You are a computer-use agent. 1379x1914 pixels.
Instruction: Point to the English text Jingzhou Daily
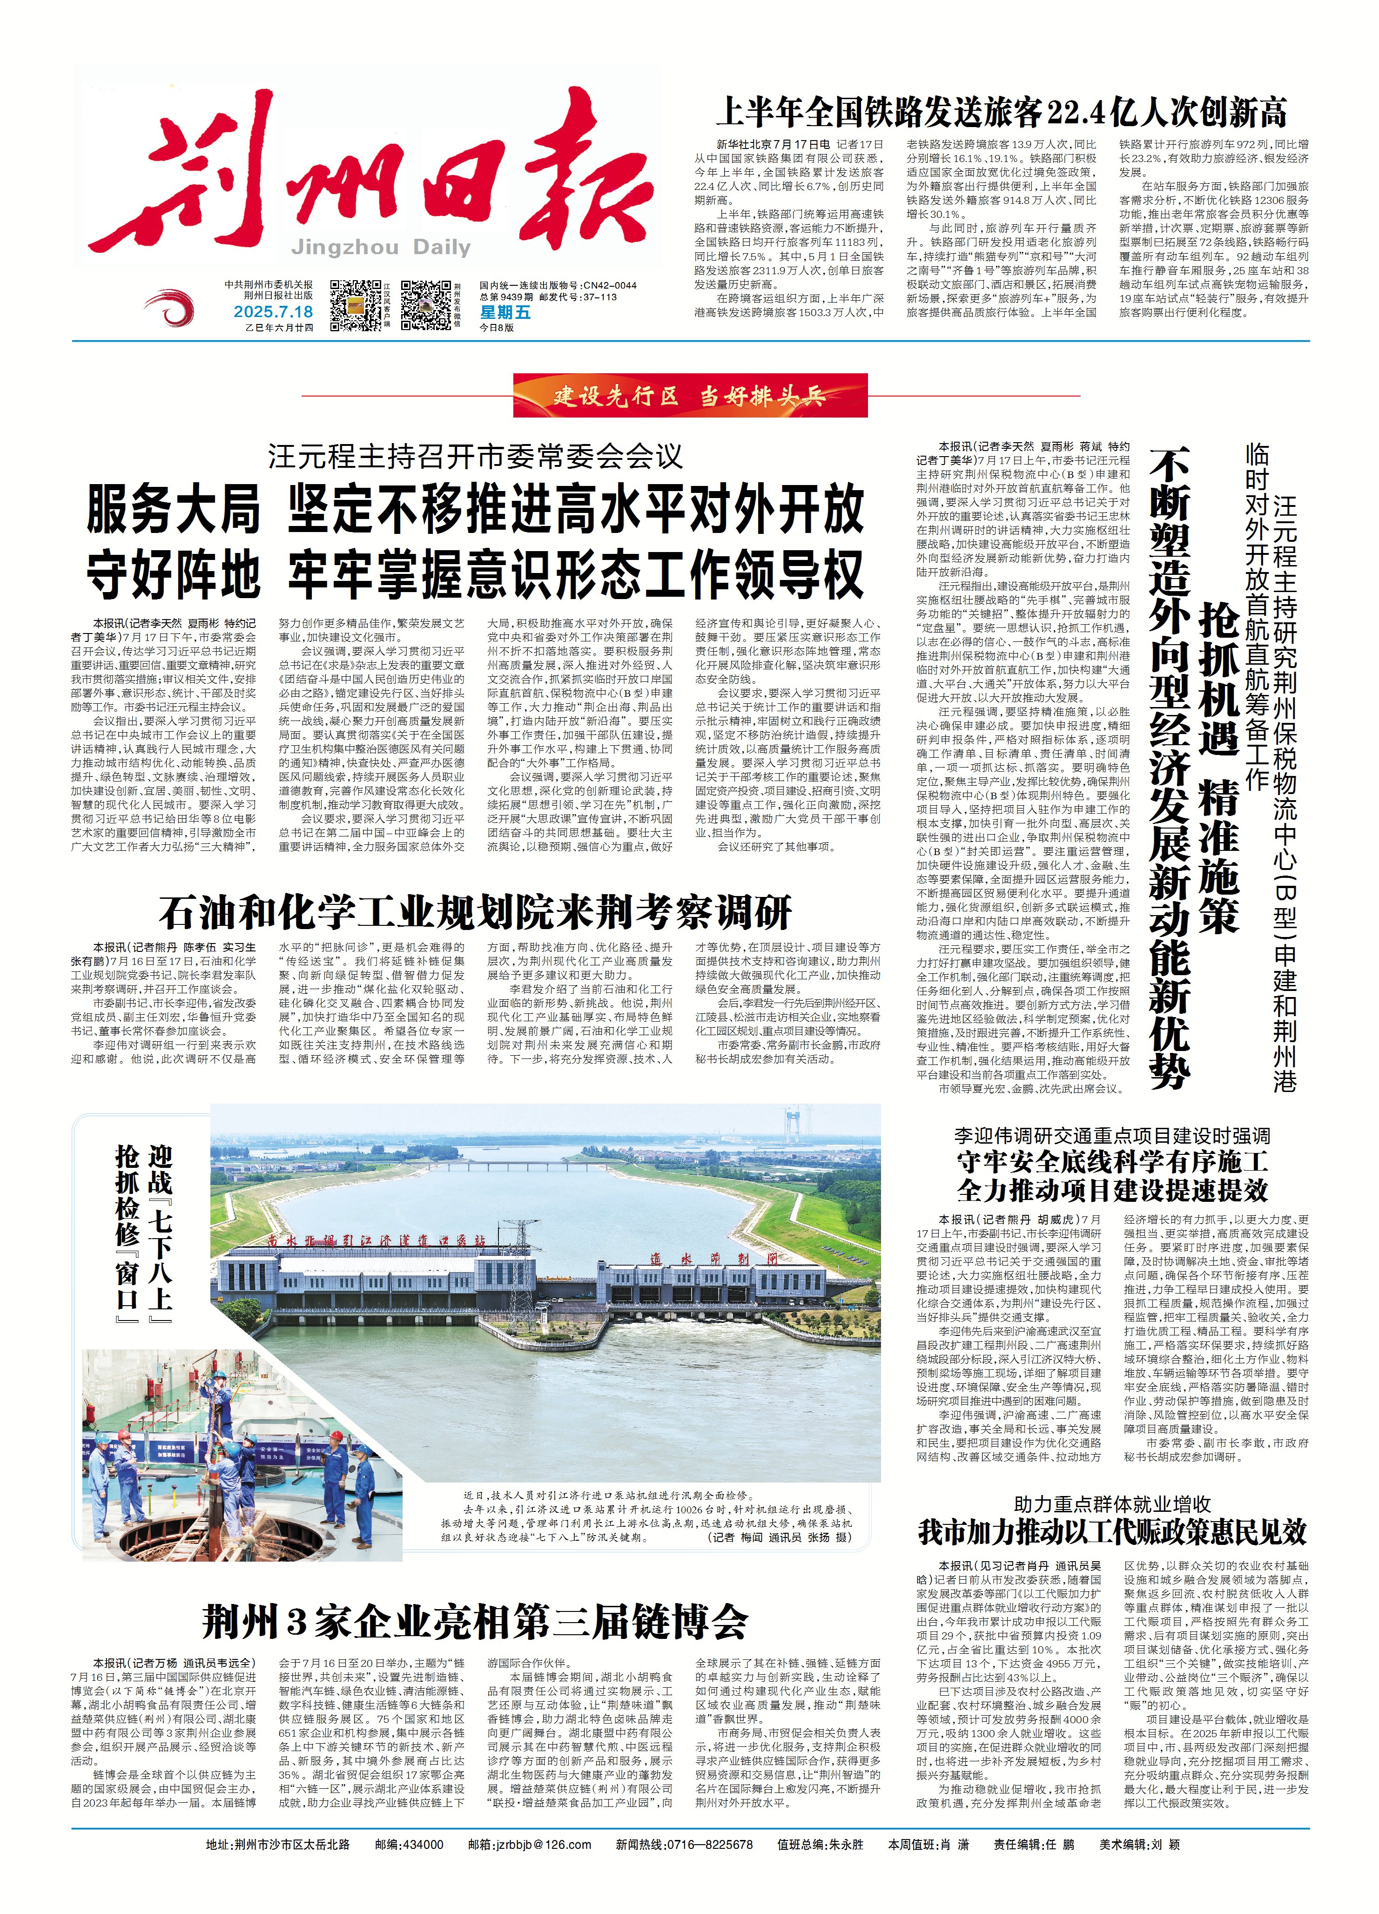[x=381, y=247]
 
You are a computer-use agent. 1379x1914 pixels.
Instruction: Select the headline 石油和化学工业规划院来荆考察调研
[x=475, y=912]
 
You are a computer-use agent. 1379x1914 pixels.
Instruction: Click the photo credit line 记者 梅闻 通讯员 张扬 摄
[x=780, y=1537]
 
